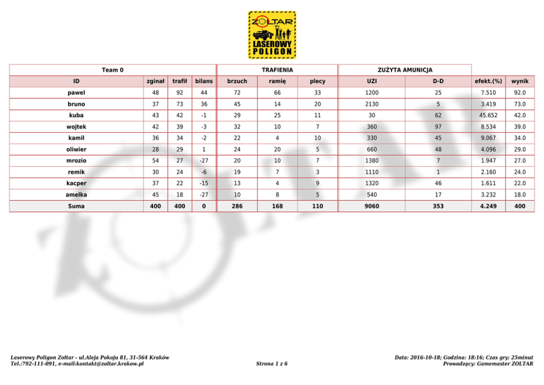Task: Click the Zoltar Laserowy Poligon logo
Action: click(272, 35)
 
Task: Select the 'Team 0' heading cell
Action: click(112, 70)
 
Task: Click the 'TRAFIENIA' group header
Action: click(277, 70)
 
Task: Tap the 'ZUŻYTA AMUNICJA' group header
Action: click(405, 70)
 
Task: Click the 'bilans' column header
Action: click(203, 81)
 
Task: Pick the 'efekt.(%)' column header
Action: click(488, 81)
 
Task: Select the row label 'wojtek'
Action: click(76, 127)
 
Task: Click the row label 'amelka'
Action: click(76, 195)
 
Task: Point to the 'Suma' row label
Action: click(76, 206)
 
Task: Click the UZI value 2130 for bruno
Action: click(371, 104)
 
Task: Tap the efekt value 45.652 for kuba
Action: click(488, 115)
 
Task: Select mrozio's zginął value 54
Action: click(156, 161)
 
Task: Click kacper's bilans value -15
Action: click(203, 183)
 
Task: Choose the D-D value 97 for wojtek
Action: click(438, 127)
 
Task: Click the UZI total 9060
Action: click(371, 206)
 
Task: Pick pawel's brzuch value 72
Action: click(237, 93)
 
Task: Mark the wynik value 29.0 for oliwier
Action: click(519, 149)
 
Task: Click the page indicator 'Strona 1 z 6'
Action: click(271, 364)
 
